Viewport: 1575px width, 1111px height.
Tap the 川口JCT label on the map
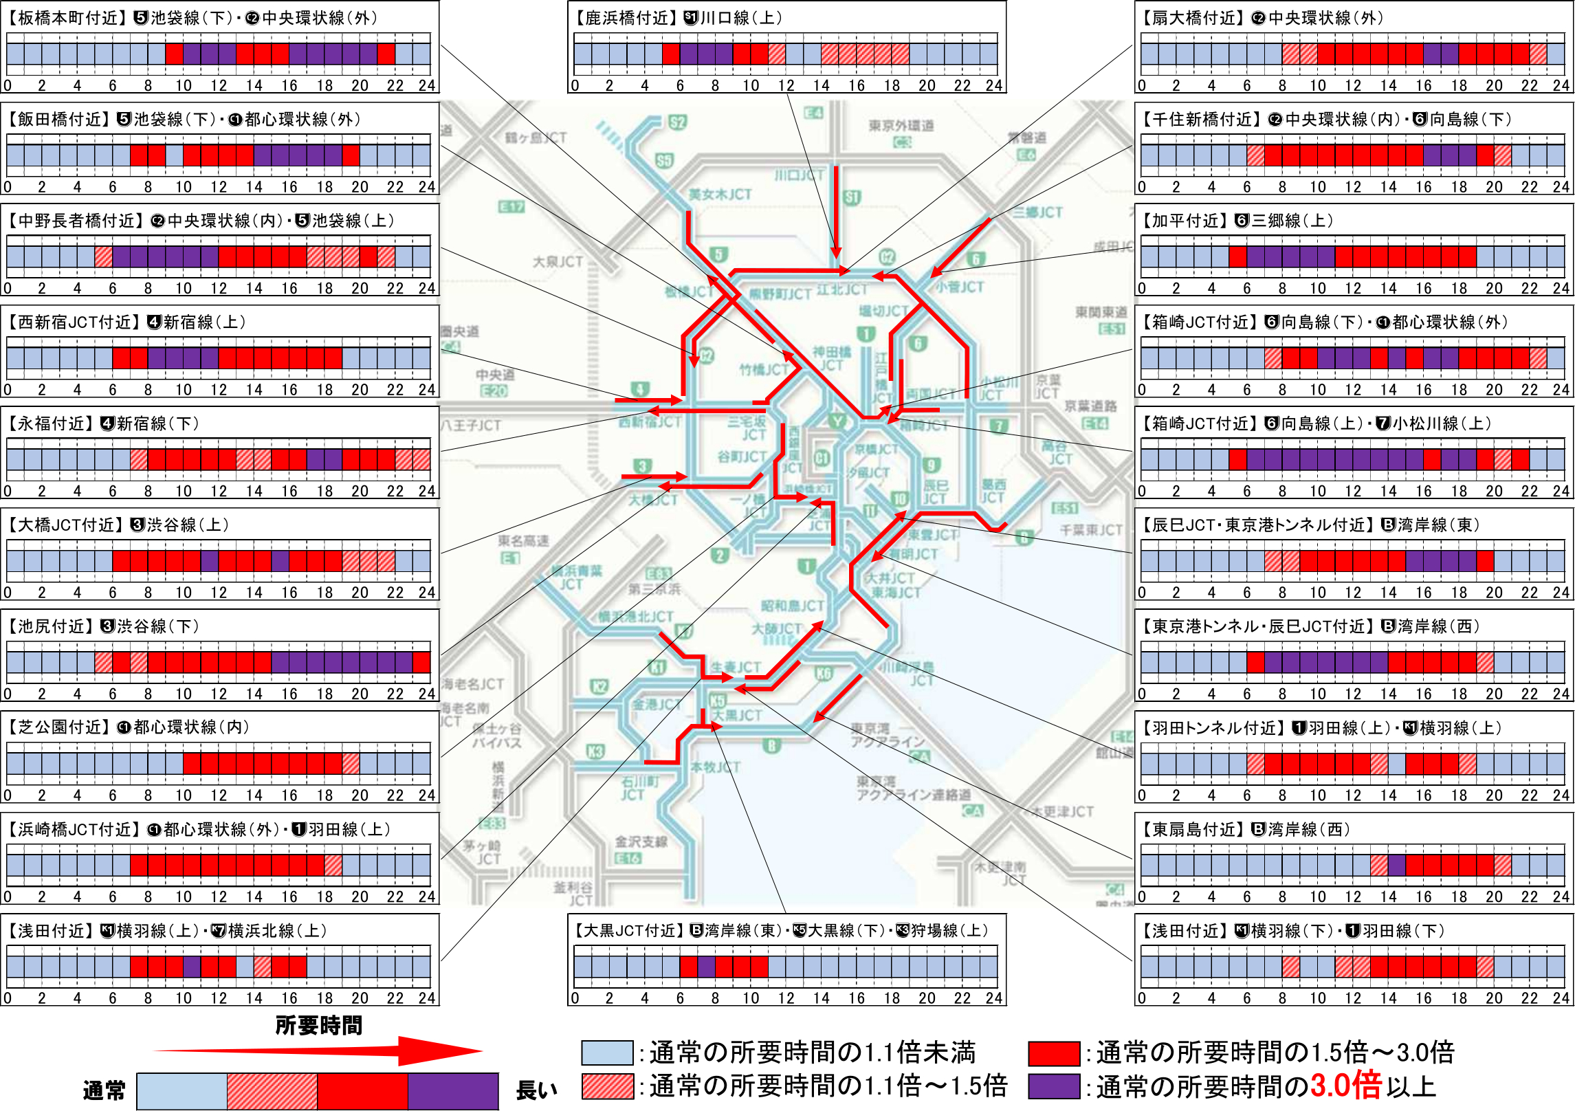(799, 175)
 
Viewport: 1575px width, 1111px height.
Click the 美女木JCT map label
(720, 195)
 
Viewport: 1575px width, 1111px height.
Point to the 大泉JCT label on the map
(558, 262)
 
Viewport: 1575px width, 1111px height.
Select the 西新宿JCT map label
(650, 421)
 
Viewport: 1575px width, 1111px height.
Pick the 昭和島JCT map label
(792, 606)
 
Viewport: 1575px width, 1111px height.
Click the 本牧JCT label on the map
(715, 767)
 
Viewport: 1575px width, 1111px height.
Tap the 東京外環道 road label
(901, 125)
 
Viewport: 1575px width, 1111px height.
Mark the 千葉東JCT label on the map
(1090, 529)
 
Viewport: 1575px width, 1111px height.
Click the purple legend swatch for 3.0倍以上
(1054, 1086)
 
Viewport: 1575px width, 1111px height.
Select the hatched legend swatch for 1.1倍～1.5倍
(607, 1086)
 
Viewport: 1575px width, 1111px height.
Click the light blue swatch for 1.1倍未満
(607, 1053)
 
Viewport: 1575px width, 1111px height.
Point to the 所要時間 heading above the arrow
(318, 1025)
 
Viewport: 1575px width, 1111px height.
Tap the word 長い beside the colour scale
(536, 1090)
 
